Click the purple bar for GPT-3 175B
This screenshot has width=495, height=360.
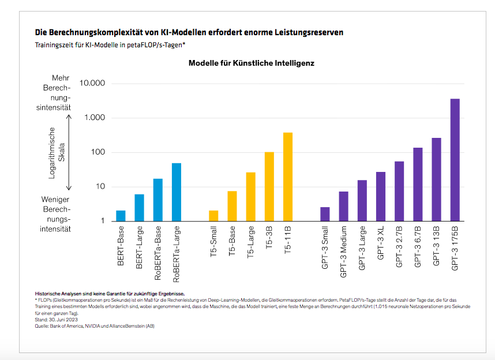point(455,160)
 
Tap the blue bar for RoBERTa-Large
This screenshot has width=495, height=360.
point(176,192)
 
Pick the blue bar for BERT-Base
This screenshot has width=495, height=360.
point(121,216)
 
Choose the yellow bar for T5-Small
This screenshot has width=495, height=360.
point(213,216)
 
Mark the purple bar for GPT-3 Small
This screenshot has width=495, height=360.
point(325,214)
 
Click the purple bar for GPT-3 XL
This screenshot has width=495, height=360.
point(381,196)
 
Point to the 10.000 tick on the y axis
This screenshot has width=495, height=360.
point(92,84)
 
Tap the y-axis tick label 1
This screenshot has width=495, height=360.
point(102,221)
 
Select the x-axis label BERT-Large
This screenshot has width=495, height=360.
point(139,247)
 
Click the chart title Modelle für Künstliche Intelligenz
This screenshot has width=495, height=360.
point(251,63)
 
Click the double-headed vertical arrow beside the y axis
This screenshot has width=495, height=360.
point(69,152)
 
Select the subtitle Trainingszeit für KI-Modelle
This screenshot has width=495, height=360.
point(110,44)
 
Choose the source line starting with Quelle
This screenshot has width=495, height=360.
point(95,326)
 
